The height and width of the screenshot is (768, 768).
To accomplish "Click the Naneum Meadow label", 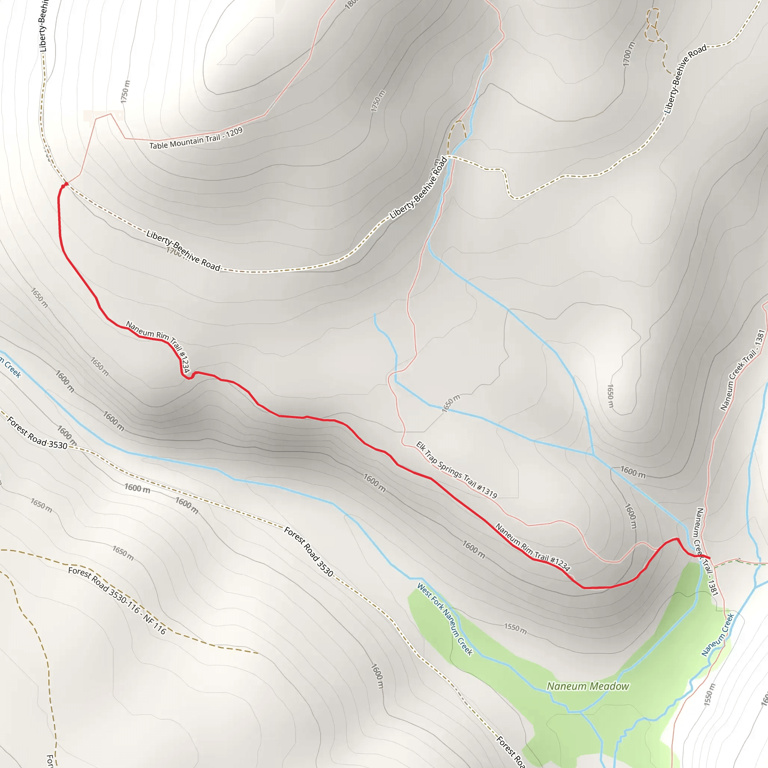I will pos(588,687).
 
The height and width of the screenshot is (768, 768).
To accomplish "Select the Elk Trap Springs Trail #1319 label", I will pos(456,469).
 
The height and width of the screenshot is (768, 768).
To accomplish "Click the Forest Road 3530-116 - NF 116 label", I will pos(117,600).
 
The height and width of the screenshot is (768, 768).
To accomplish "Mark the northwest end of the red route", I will pos(66,184).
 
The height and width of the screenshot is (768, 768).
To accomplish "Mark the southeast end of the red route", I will pos(709,558).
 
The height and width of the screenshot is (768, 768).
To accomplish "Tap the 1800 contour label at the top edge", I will pos(351,4).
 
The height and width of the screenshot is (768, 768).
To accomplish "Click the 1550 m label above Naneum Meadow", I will pos(515,628).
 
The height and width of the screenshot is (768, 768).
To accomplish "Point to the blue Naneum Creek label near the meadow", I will pos(717,635).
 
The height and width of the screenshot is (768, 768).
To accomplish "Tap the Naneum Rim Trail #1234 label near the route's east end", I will pos(532,547).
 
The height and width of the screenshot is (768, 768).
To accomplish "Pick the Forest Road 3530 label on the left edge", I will pos(37,433).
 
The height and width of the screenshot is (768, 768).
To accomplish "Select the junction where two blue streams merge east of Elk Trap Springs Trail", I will pos(593,454).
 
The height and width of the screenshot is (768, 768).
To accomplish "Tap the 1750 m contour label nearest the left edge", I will pos(125,91).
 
